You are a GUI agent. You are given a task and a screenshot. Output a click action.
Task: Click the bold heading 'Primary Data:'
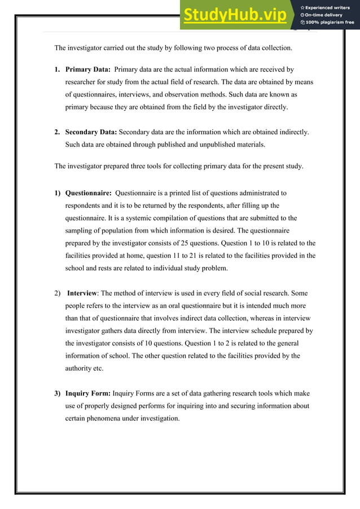(x=87, y=69)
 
